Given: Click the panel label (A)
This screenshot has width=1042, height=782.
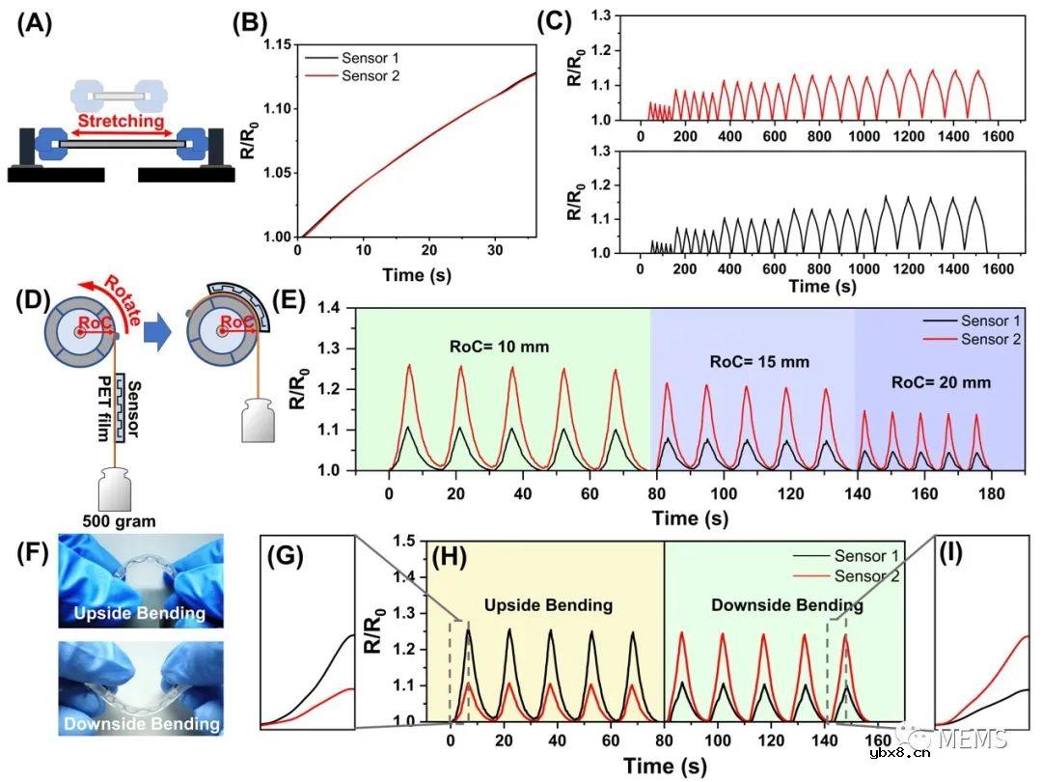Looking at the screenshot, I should point(35,25).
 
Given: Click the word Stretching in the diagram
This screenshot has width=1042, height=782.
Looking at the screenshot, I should point(120,123).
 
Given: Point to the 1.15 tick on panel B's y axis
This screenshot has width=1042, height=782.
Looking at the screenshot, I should point(276,44).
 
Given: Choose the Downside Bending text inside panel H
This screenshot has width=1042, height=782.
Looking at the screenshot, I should point(777,605).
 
